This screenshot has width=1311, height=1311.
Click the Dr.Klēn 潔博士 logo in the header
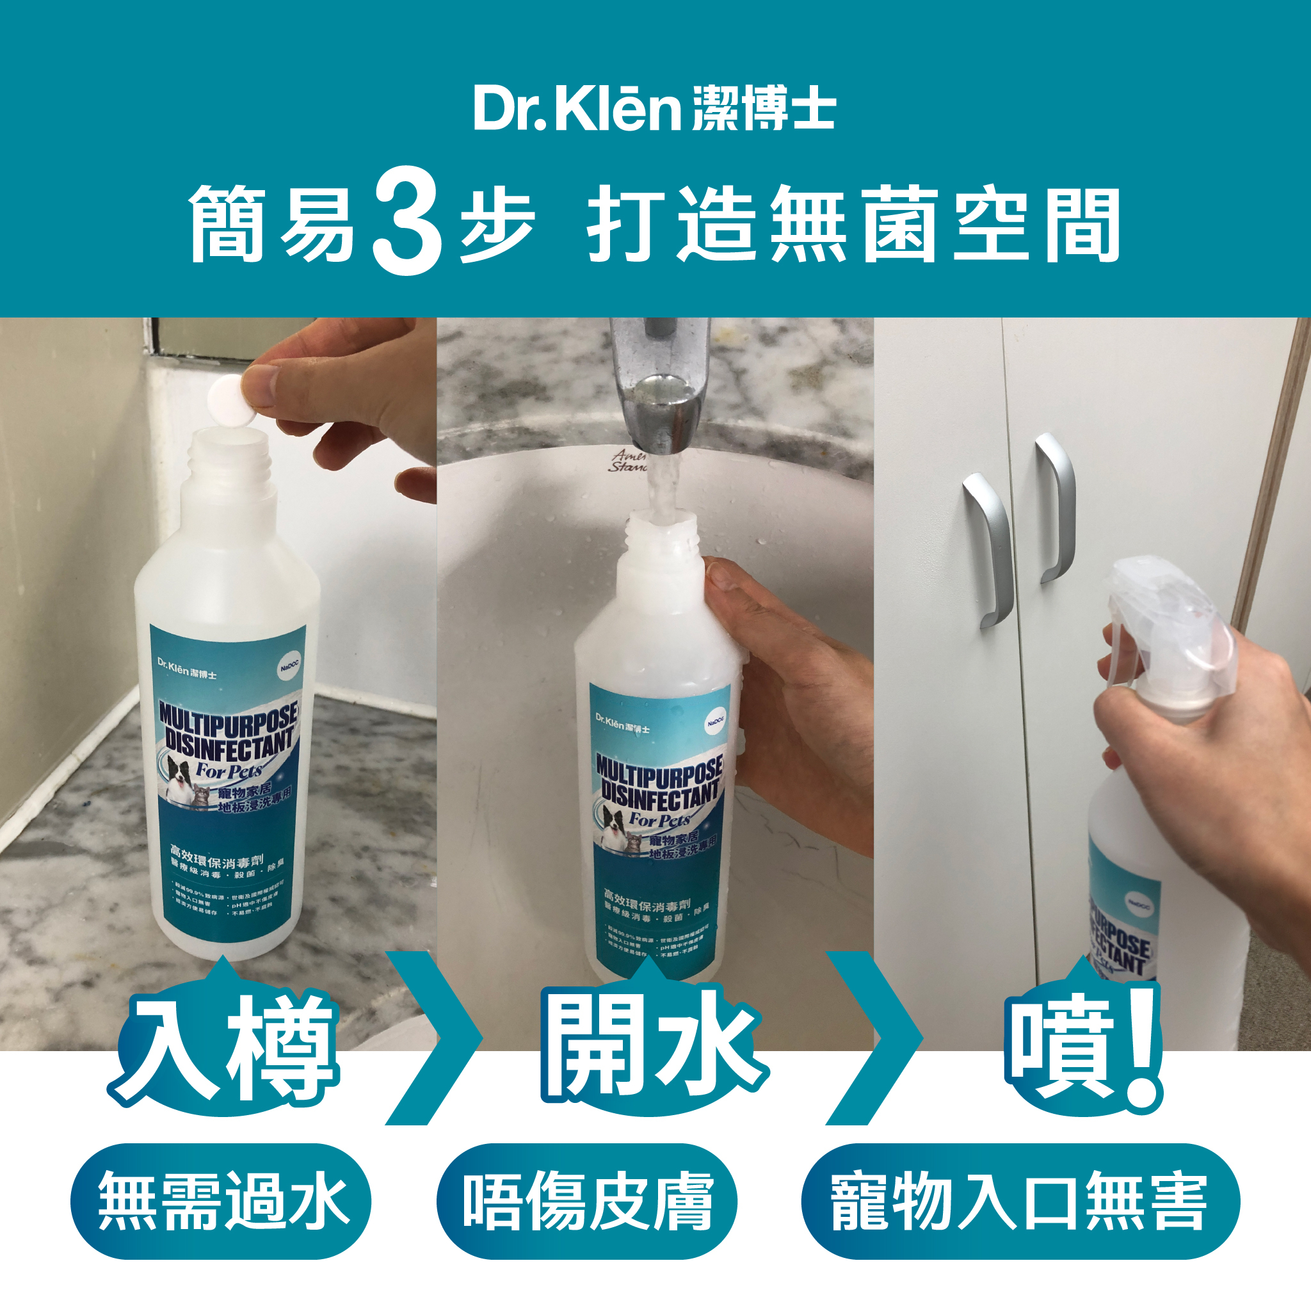(654, 109)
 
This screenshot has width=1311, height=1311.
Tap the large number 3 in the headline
(407, 223)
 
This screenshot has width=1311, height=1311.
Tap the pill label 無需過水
(221, 1201)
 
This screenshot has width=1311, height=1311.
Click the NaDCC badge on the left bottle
(290, 668)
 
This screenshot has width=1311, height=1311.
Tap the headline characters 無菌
(854, 224)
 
